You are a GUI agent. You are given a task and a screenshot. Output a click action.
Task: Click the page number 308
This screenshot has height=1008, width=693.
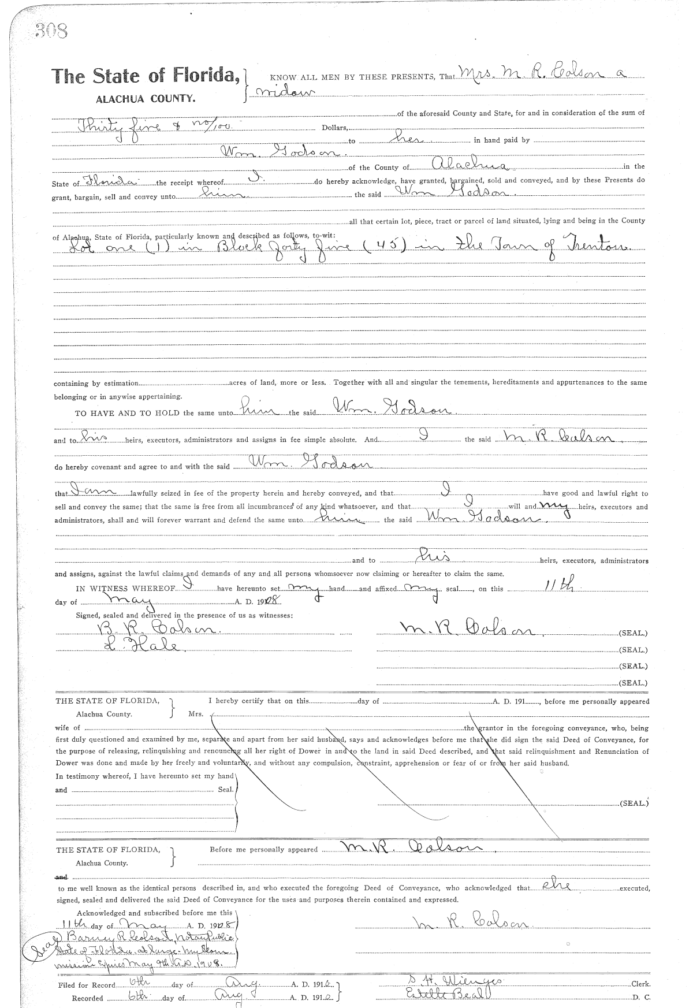(51, 31)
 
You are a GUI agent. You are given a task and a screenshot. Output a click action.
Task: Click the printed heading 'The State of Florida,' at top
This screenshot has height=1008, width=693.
(145, 76)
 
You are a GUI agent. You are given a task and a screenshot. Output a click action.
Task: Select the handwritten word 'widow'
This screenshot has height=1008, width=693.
(283, 93)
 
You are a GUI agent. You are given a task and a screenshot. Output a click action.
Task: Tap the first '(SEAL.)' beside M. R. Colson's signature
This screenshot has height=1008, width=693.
(633, 633)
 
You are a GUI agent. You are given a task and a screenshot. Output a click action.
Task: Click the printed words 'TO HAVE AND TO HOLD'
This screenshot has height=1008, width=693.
(128, 413)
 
